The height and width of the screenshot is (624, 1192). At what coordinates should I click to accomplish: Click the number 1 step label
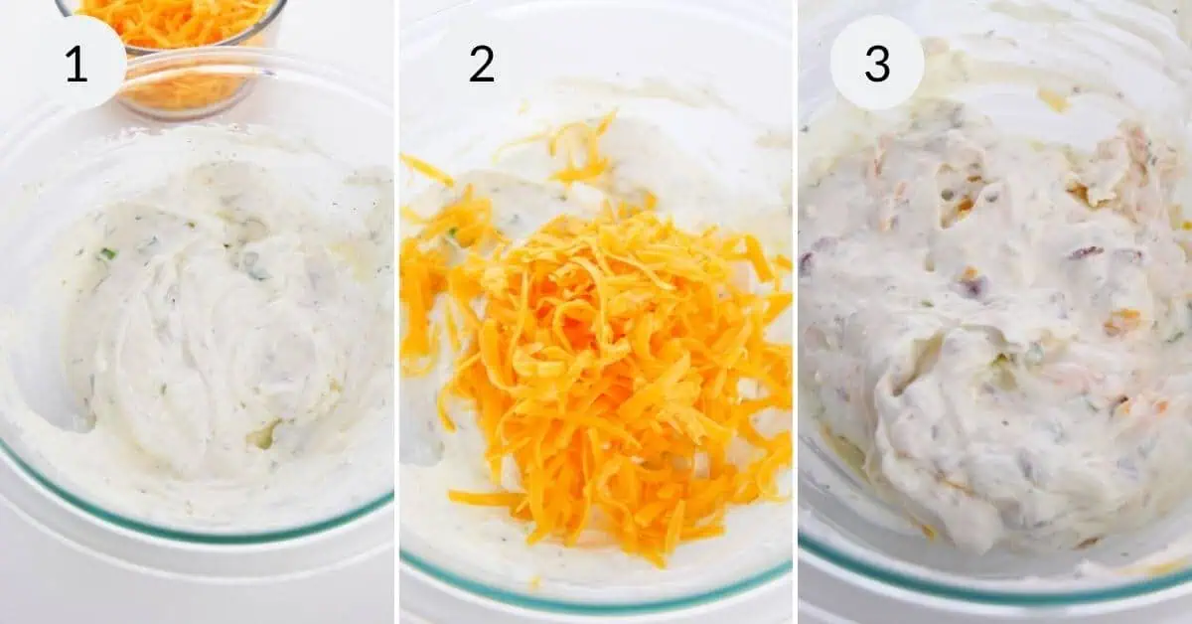76,64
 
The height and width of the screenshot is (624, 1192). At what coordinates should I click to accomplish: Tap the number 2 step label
481,64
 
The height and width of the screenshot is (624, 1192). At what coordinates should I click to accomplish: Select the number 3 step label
876,64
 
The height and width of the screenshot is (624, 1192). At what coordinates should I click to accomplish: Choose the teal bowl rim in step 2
596,600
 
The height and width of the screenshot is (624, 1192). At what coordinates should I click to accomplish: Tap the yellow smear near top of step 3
1053,99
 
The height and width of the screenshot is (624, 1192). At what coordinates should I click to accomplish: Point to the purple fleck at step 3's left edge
807,262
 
